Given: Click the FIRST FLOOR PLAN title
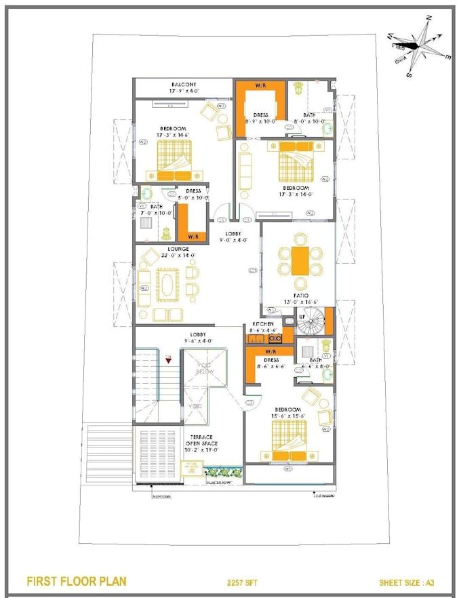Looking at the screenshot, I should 76,581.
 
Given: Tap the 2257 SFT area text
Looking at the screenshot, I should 243,582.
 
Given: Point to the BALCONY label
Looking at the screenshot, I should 184,85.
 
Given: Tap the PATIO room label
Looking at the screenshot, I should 301,296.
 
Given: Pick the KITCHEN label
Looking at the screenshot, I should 262,324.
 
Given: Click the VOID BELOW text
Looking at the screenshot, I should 205,367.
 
